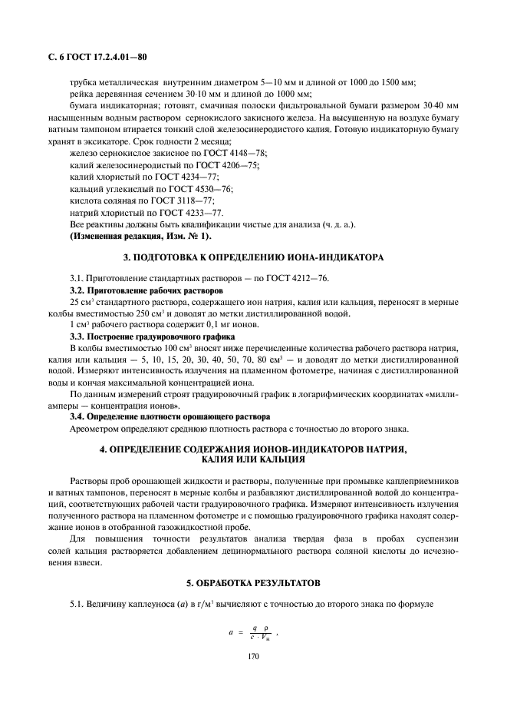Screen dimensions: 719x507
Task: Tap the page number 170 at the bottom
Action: [252, 657]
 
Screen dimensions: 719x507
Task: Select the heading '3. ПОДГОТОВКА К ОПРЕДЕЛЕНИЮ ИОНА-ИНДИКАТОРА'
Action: [252, 255]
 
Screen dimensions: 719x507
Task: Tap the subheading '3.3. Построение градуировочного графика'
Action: [141, 337]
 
